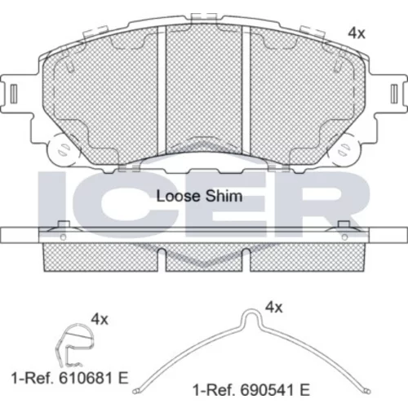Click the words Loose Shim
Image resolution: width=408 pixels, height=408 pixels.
[199, 196]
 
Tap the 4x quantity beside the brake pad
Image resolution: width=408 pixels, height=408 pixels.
[357, 33]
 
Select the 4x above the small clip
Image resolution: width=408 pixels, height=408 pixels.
[100, 319]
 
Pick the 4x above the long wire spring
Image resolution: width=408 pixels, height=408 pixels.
[274, 308]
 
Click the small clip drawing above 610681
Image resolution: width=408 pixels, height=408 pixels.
[75, 345]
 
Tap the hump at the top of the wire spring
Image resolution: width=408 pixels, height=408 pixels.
[251, 316]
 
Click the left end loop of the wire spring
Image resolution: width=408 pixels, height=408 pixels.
[136, 392]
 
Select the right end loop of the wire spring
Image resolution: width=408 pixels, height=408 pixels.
[367, 392]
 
